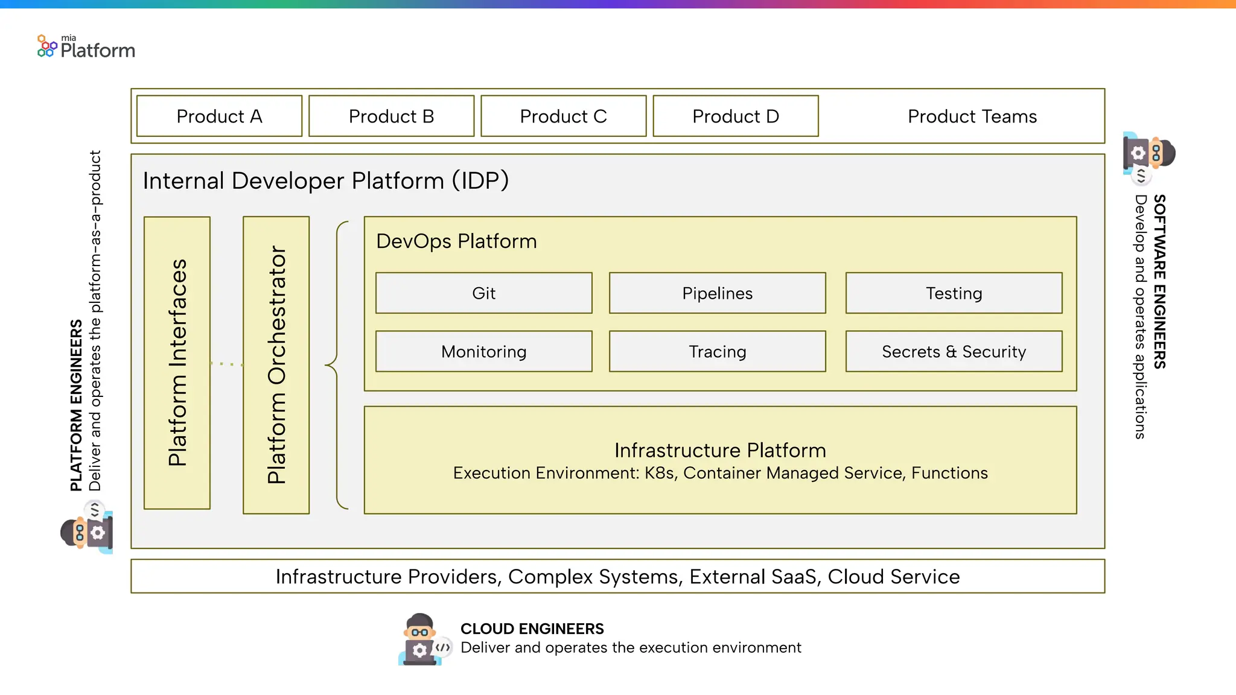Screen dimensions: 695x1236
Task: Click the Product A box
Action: tap(219, 116)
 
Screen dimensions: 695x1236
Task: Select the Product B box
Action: tap(391, 116)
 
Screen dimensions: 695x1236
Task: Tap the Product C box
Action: tap(563, 116)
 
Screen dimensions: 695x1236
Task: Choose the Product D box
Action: tap(735, 116)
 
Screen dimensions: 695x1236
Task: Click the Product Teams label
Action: tap(972, 116)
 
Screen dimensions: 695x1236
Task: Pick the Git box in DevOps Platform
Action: tap(483, 293)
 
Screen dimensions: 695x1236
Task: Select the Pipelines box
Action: tap(717, 293)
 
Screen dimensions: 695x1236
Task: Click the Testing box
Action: tap(954, 293)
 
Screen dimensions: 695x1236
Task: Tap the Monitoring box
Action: tap(483, 351)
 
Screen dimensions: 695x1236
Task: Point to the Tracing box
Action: tap(717, 351)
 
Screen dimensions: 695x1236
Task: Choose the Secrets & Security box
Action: tap(954, 351)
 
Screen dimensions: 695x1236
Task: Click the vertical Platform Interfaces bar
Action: tap(177, 363)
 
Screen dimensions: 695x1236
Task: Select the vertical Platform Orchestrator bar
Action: tap(276, 364)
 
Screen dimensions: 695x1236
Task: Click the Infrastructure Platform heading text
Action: tap(720, 450)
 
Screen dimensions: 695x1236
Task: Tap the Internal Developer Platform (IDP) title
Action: tap(326, 180)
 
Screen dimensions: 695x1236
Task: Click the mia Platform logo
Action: tap(86, 47)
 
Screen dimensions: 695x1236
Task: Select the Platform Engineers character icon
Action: tap(88, 528)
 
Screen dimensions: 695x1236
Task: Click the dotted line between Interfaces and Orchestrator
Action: tap(226, 364)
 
